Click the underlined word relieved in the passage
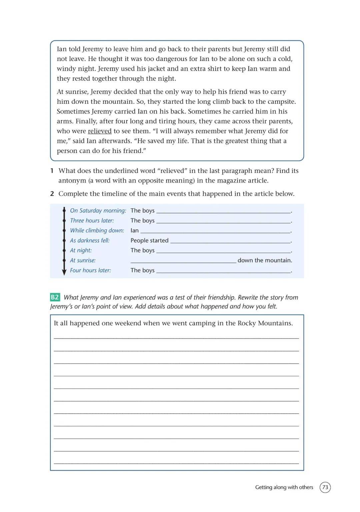[x=100, y=131]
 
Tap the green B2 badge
[x=55, y=297]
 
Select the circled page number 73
[x=325, y=487]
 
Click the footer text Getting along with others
[x=284, y=487]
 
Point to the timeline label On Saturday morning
[x=98, y=211]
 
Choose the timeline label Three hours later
[x=92, y=221]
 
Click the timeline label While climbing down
[x=97, y=231]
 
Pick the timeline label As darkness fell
[x=89, y=240]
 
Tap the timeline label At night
[x=81, y=250]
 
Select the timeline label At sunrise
[x=83, y=260]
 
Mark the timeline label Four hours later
[x=90, y=270]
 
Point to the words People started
[x=149, y=240]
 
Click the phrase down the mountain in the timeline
[x=265, y=260]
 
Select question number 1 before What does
[x=52, y=171]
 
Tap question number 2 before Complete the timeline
[x=52, y=194]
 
